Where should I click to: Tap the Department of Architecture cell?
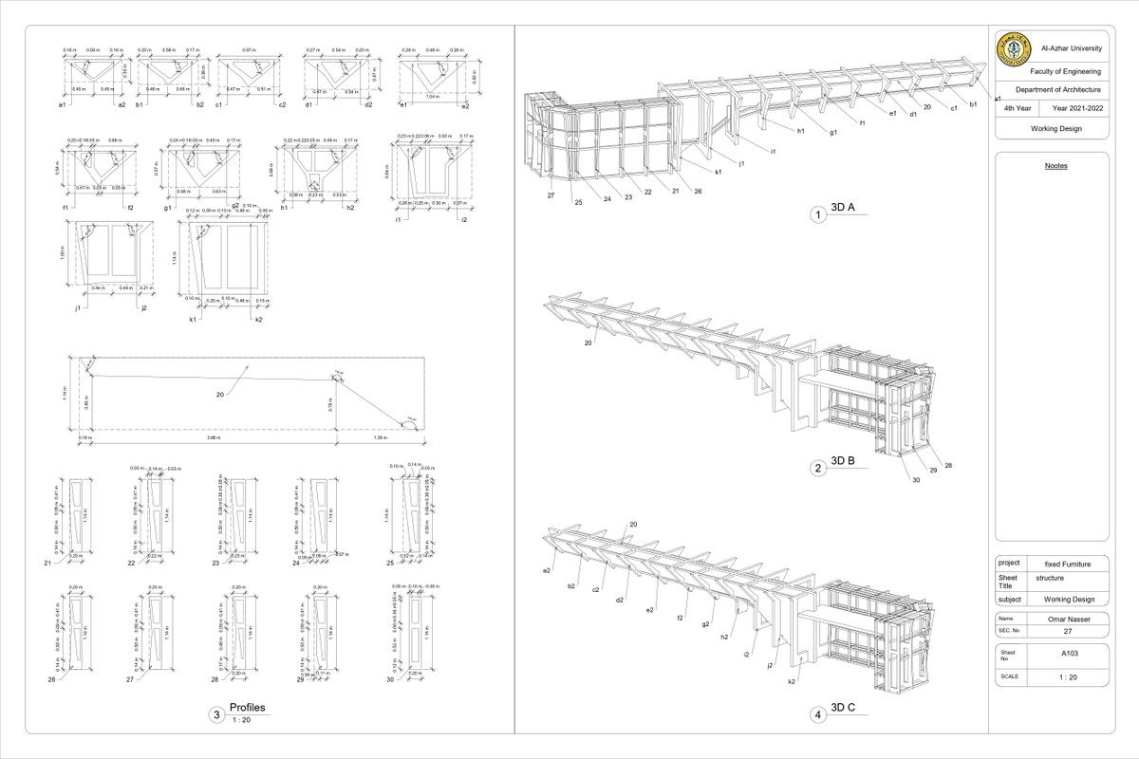tap(1065, 89)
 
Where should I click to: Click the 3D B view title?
tap(843, 461)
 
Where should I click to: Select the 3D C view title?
tap(843, 708)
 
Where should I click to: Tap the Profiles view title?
tap(247, 708)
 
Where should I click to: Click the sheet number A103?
tap(1070, 653)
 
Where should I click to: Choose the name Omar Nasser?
tap(1070, 618)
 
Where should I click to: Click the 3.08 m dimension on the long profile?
tap(214, 437)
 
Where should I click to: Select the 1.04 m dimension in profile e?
tap(434, 96)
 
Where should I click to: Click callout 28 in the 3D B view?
tap(948, 465)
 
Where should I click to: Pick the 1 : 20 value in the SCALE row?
tap(1070, 676)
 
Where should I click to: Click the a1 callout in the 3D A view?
tap(999, 99)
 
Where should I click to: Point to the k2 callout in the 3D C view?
tap(791, 682)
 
